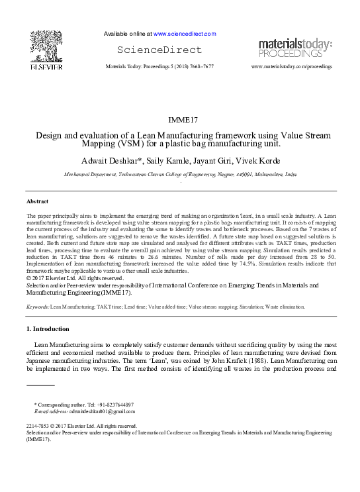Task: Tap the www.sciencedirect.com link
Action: (x=185, y=33)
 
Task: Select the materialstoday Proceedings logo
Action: (x=295, y=48)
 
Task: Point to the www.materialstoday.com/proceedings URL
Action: (x=292, y=67)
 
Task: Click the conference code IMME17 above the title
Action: (x=180, y=119)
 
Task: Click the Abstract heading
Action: (x=37, y=200)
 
